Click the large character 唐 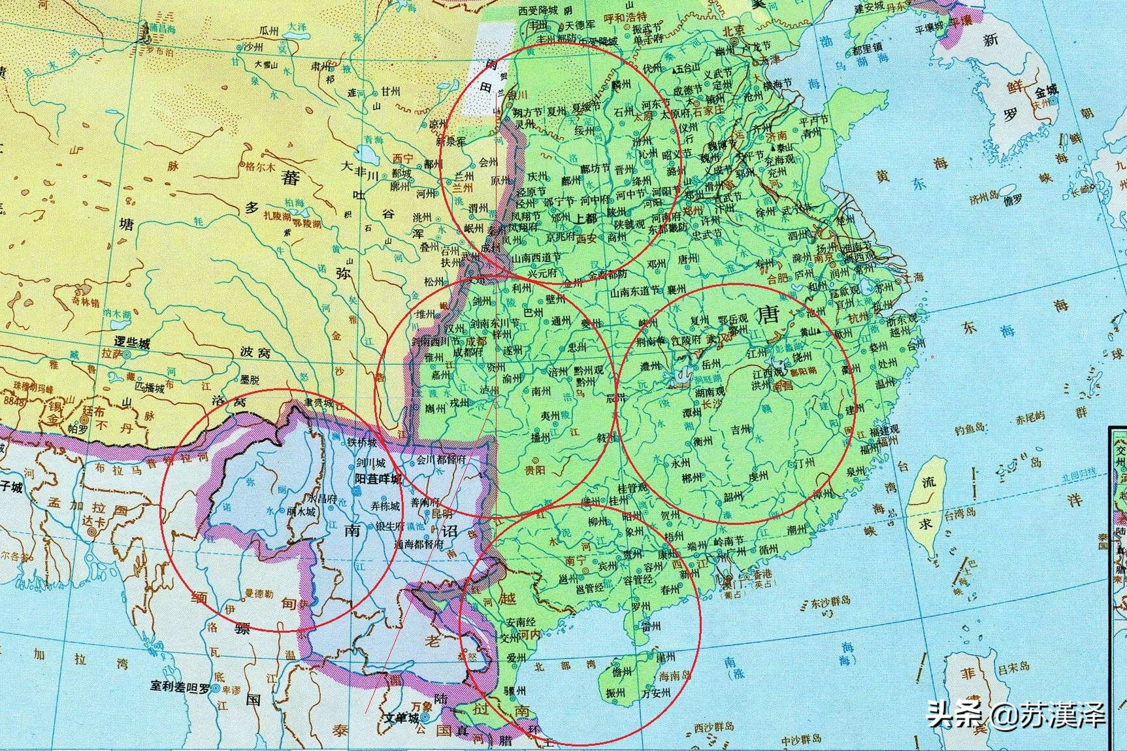pos(768,316)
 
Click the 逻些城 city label pos(132,342)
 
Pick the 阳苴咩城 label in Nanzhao pos(378,478)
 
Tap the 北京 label pos(734,31)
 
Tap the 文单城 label pos(401,718)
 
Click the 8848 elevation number pos(13,399)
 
